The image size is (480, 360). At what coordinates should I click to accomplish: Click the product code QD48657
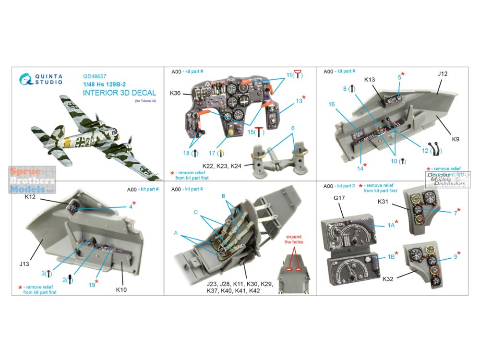point(95,75)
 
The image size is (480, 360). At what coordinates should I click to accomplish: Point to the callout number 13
point(299,100)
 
